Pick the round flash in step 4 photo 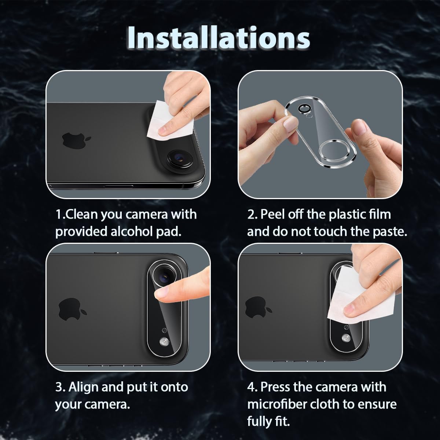(x=345, y=337)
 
